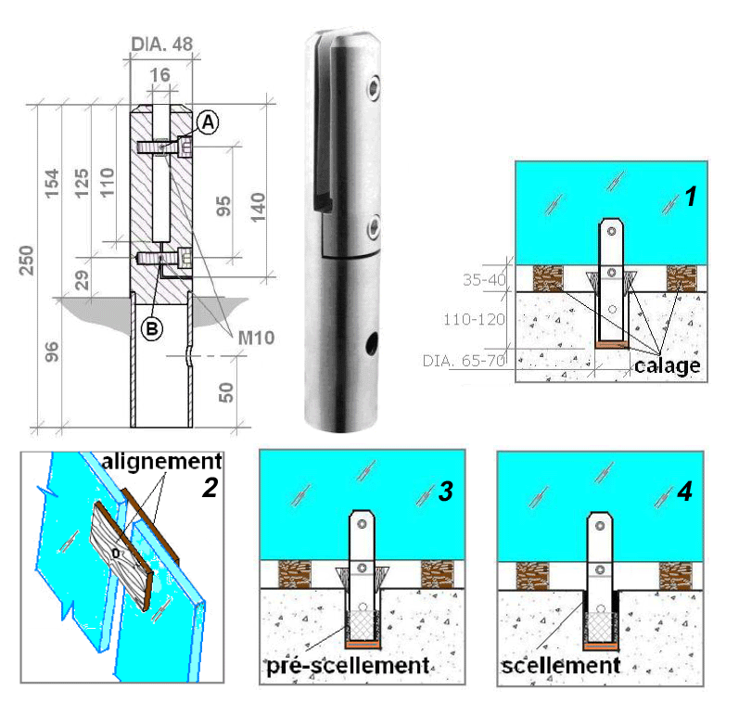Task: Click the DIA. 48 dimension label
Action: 159,43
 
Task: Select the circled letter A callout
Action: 209,121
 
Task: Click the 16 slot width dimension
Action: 159,73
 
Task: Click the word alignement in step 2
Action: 161,460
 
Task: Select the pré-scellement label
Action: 346,665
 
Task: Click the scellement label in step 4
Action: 561,665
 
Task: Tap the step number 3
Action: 445,492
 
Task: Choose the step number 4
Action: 684,492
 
